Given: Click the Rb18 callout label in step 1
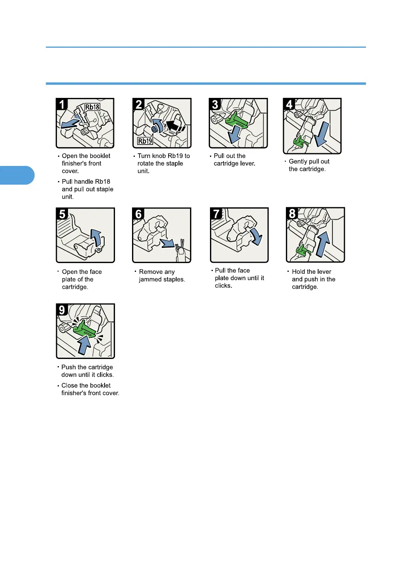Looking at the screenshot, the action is (92, 107).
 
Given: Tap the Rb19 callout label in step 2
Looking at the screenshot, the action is (145, 141).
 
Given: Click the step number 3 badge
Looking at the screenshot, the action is (215, 104).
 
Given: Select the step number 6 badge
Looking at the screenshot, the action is (138, 214).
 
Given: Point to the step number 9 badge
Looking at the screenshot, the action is (62, 310).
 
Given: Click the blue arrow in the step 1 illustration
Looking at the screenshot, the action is (70, 124).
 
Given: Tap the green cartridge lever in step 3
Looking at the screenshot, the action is (236, 121).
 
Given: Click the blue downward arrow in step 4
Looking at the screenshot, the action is (322, 134).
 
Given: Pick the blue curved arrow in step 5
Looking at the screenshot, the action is (97, 237).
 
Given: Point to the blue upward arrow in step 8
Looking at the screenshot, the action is (323, 244).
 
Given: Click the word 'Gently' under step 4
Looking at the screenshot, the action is (297, 162).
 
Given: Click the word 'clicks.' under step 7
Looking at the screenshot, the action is (223, 286).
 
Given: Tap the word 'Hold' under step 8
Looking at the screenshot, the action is (299, 271).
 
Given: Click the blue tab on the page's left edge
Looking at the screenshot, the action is (17, 175).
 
